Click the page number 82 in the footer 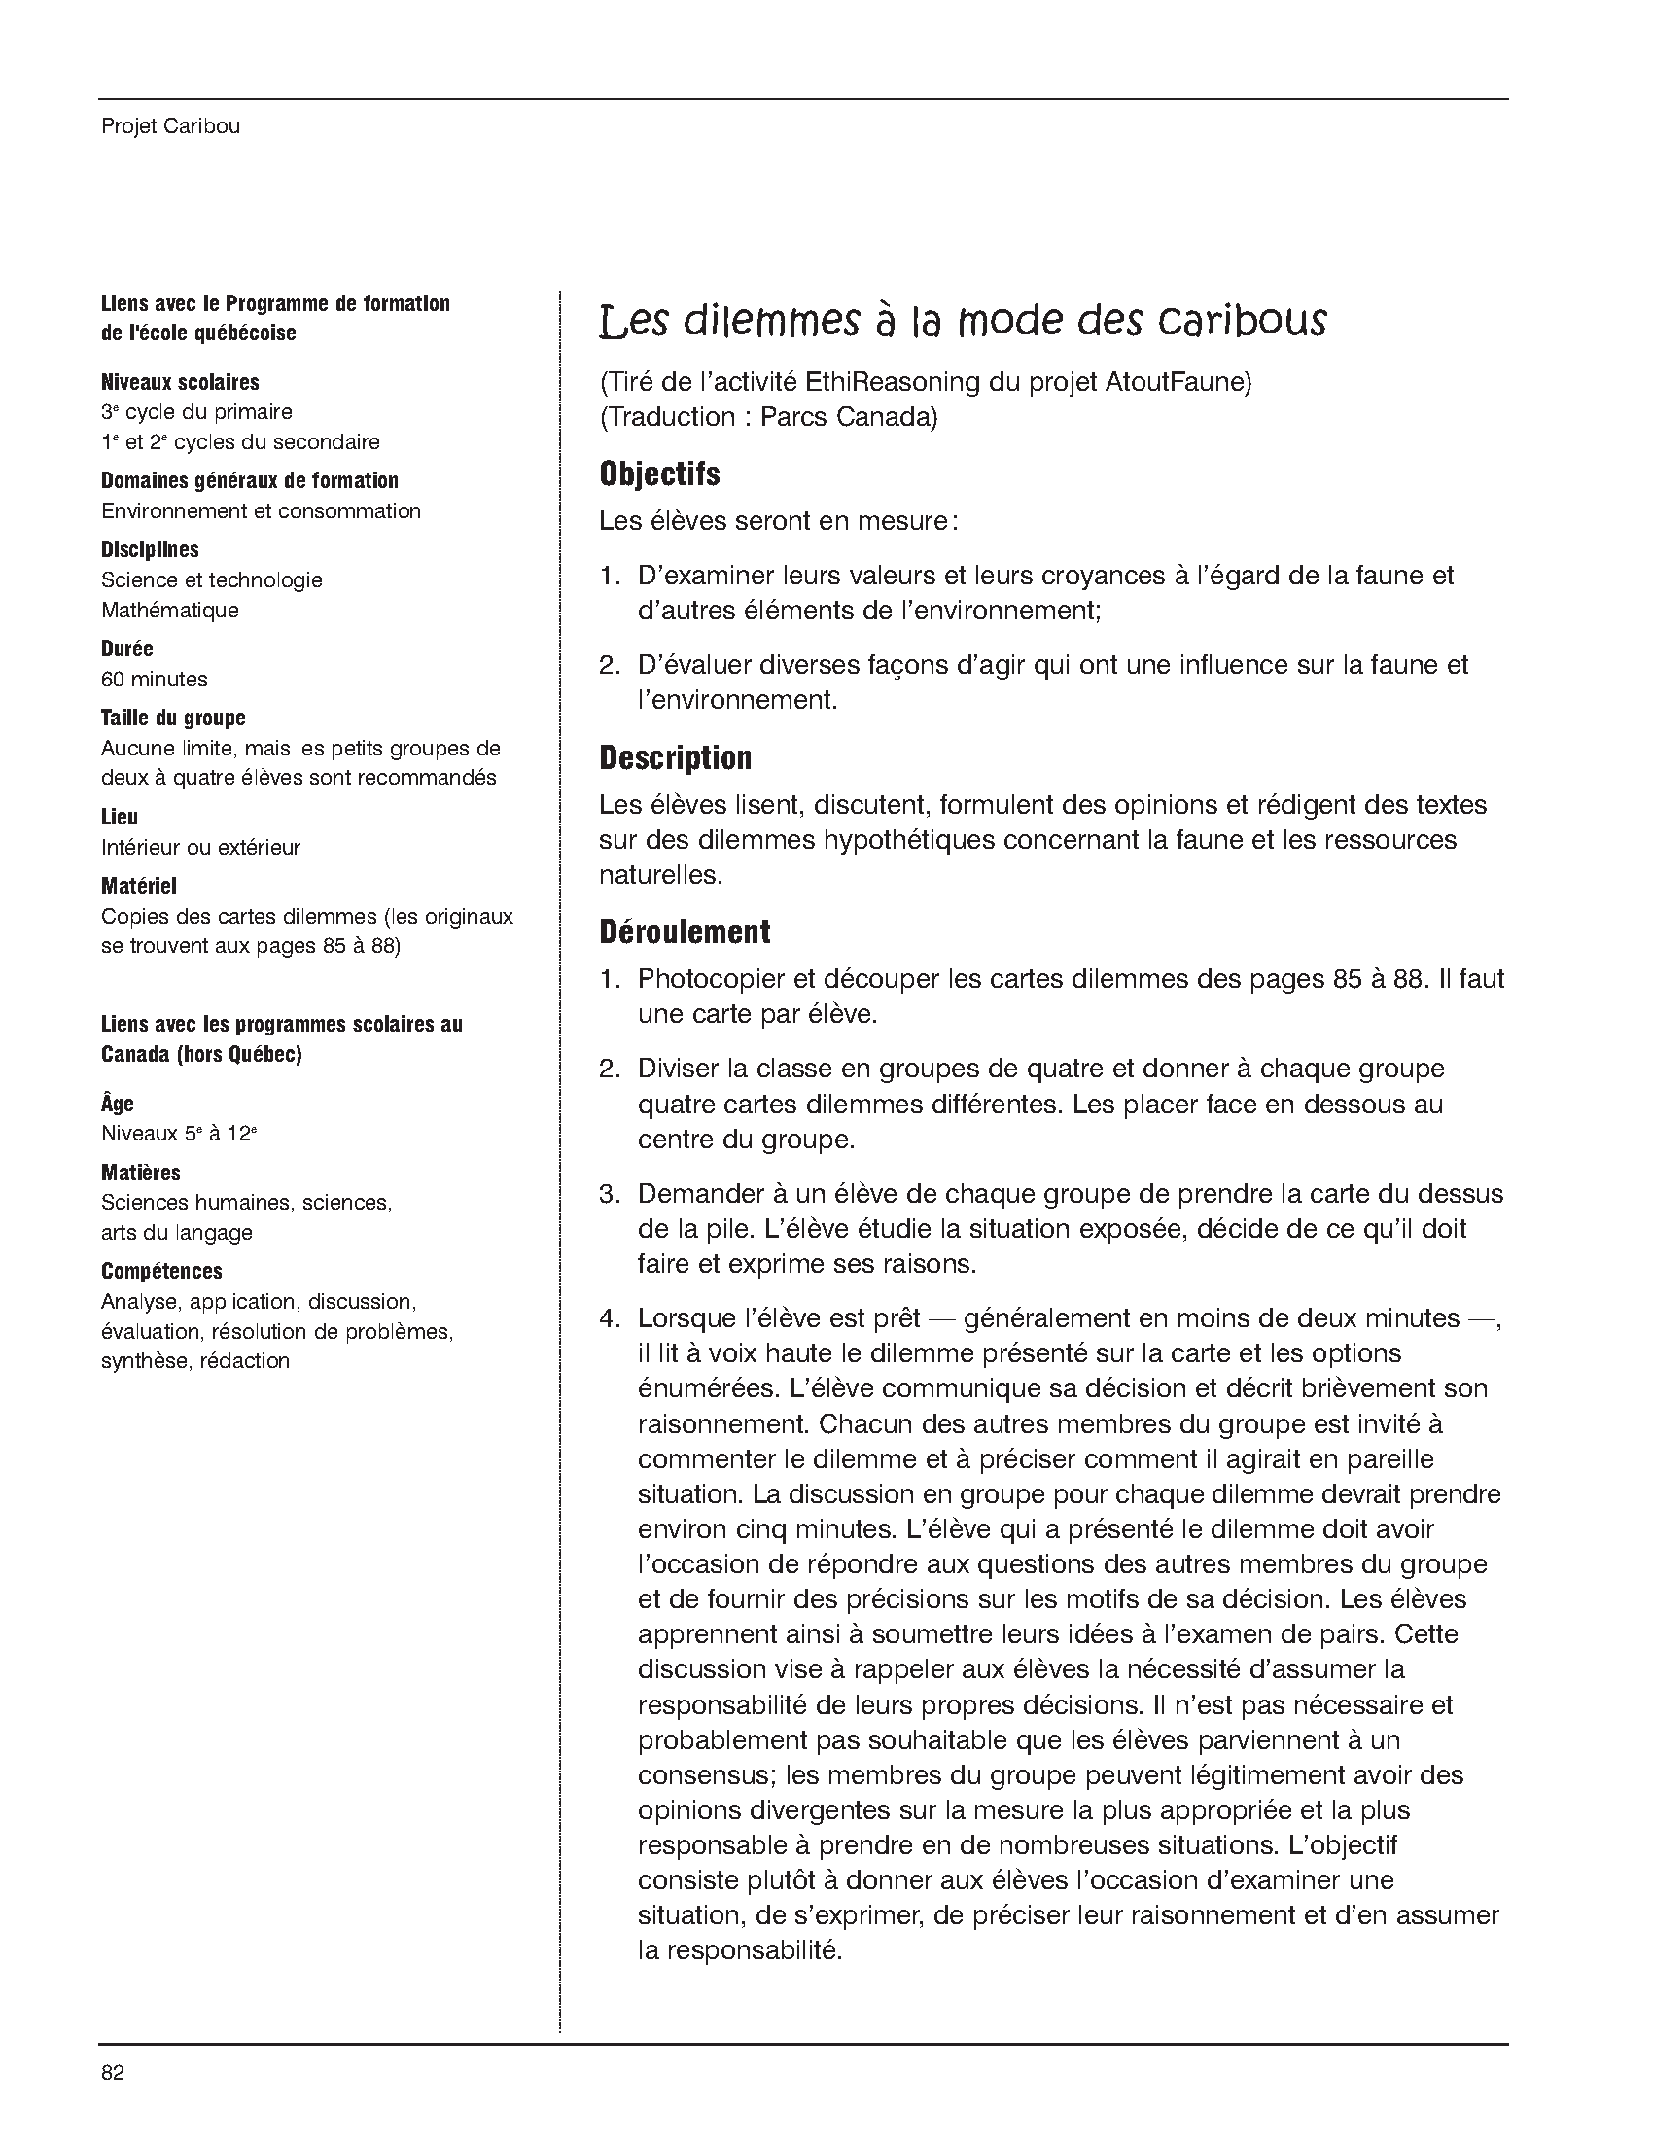coord(113,2071)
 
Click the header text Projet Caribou coord(170,126)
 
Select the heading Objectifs coord(659,474)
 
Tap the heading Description coord(675,757)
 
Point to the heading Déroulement coord(685,930)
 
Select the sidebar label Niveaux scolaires coord(180,382)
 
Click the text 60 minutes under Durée coord(154,679)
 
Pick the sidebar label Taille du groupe coord(172,719)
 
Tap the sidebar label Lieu coord(120,817)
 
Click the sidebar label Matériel coord(139,886)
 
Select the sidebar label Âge coord(118,1104)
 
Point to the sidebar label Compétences coord(161,1271)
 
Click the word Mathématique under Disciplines coord(169,610)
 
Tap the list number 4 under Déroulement coord(610,1317)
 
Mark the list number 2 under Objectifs coord(610,665)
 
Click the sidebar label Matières coord(141,1172)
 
